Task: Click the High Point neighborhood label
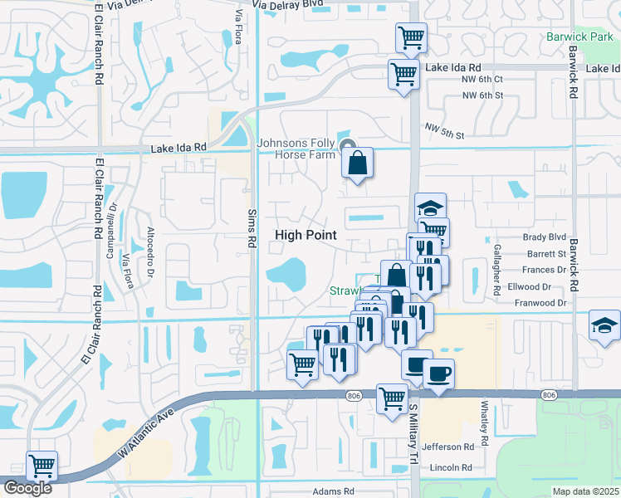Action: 306,235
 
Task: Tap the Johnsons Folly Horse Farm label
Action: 296,149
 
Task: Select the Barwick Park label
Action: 579,37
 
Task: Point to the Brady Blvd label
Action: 544,237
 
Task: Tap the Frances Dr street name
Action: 545,270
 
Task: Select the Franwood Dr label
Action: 540,303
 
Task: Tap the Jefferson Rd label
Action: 448,446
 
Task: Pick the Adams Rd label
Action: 334,491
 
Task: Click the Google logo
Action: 27,488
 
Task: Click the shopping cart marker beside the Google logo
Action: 41,466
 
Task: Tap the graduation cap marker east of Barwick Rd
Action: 604,326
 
